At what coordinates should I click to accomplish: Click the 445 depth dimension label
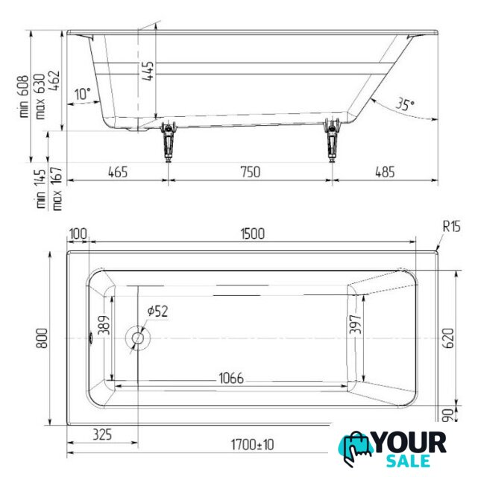(148, 71)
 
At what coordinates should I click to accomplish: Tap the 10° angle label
(83, 94)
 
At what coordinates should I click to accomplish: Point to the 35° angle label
(405, 104)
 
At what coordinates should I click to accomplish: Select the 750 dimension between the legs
(251, 172)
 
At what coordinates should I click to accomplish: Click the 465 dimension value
(118, 172)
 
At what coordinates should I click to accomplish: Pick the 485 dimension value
(385, 172)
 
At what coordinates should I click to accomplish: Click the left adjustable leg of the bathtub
(169, 141)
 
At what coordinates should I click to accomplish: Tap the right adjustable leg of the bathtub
(332, 140)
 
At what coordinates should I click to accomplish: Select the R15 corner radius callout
(451, 227)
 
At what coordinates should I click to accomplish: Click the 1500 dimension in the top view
(252, 234)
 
